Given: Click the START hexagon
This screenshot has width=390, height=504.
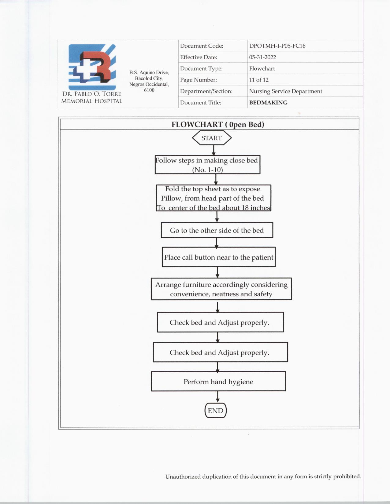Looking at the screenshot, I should pos(212,138).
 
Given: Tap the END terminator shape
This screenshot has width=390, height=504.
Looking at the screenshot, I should pos(216,411).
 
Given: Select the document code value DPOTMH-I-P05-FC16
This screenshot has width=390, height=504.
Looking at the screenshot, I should pos(277,46).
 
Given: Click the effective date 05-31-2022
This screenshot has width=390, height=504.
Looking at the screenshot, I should pos(262,57).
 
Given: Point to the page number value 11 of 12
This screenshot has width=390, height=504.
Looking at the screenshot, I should pos(259,80).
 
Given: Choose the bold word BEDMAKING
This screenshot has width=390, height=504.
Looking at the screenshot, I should pos(268,103).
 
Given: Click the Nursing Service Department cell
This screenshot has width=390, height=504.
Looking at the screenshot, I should pos(285,91).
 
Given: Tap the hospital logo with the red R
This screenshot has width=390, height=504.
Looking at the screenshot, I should pos(92,67).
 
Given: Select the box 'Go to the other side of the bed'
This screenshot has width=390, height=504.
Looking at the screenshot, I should pos(217,230).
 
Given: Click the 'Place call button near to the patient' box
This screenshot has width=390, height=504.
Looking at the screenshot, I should pos(219,257).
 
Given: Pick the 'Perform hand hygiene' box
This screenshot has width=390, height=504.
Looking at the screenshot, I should pos(218,382).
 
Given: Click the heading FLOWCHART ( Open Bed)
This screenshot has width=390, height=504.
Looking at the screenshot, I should pos(218,125).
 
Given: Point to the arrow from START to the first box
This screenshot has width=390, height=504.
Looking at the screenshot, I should pos(214,150).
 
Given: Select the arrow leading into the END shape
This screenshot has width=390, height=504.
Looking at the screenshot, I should pos(217,397).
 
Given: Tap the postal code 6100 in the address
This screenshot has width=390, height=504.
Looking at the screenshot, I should pos(149,90).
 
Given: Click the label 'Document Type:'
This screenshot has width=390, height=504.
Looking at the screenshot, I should pos(201,69).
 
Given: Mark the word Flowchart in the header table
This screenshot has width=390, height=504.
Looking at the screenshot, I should pos(262,69).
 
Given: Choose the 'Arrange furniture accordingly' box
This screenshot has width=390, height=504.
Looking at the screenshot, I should pos(221,289).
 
